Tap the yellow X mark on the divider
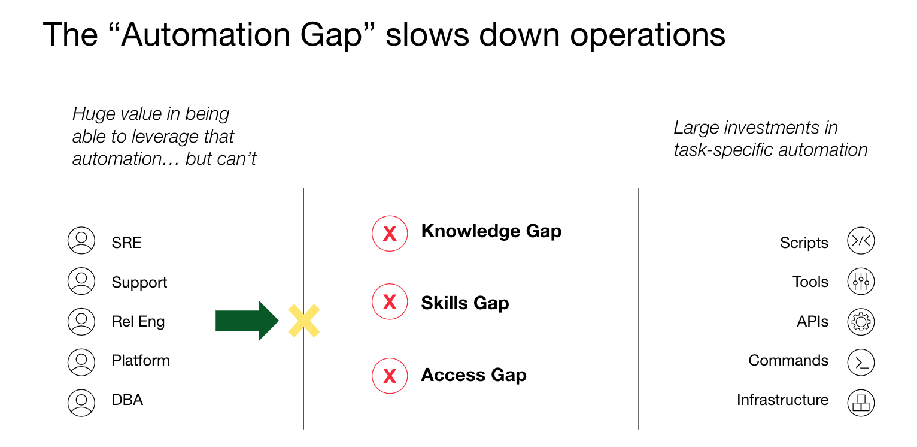pyautogui.click(x=304, y=321)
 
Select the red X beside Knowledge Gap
pyautogui.click(x=390, y=233)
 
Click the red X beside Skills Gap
pyautogui.click(x=390, y=302)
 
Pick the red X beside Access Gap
pyautogui.click(x=390, y=376)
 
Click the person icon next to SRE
pyautogui.click(x=81, y=241)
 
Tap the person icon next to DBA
pyautogui.click(x=81, y=402)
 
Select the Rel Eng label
pyautogui.click(x=138, y=322)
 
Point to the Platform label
pyautogui.click(x=141, y=361)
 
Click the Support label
pyautogui.click(x=139, y=283)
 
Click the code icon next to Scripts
pyautogui.click(x=861, y=241)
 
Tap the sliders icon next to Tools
pyautogui.click(x=861, y=282)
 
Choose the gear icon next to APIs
pyautogui.click(x=861, y=322)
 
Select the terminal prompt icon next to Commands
pyautogui.click(x=861, y=363)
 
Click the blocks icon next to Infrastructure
pyautogui.click(x=861, y=402)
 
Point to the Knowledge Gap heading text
pyautogui.click(x=491, y=231)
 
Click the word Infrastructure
pyautogui.click(x=782, y=400)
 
